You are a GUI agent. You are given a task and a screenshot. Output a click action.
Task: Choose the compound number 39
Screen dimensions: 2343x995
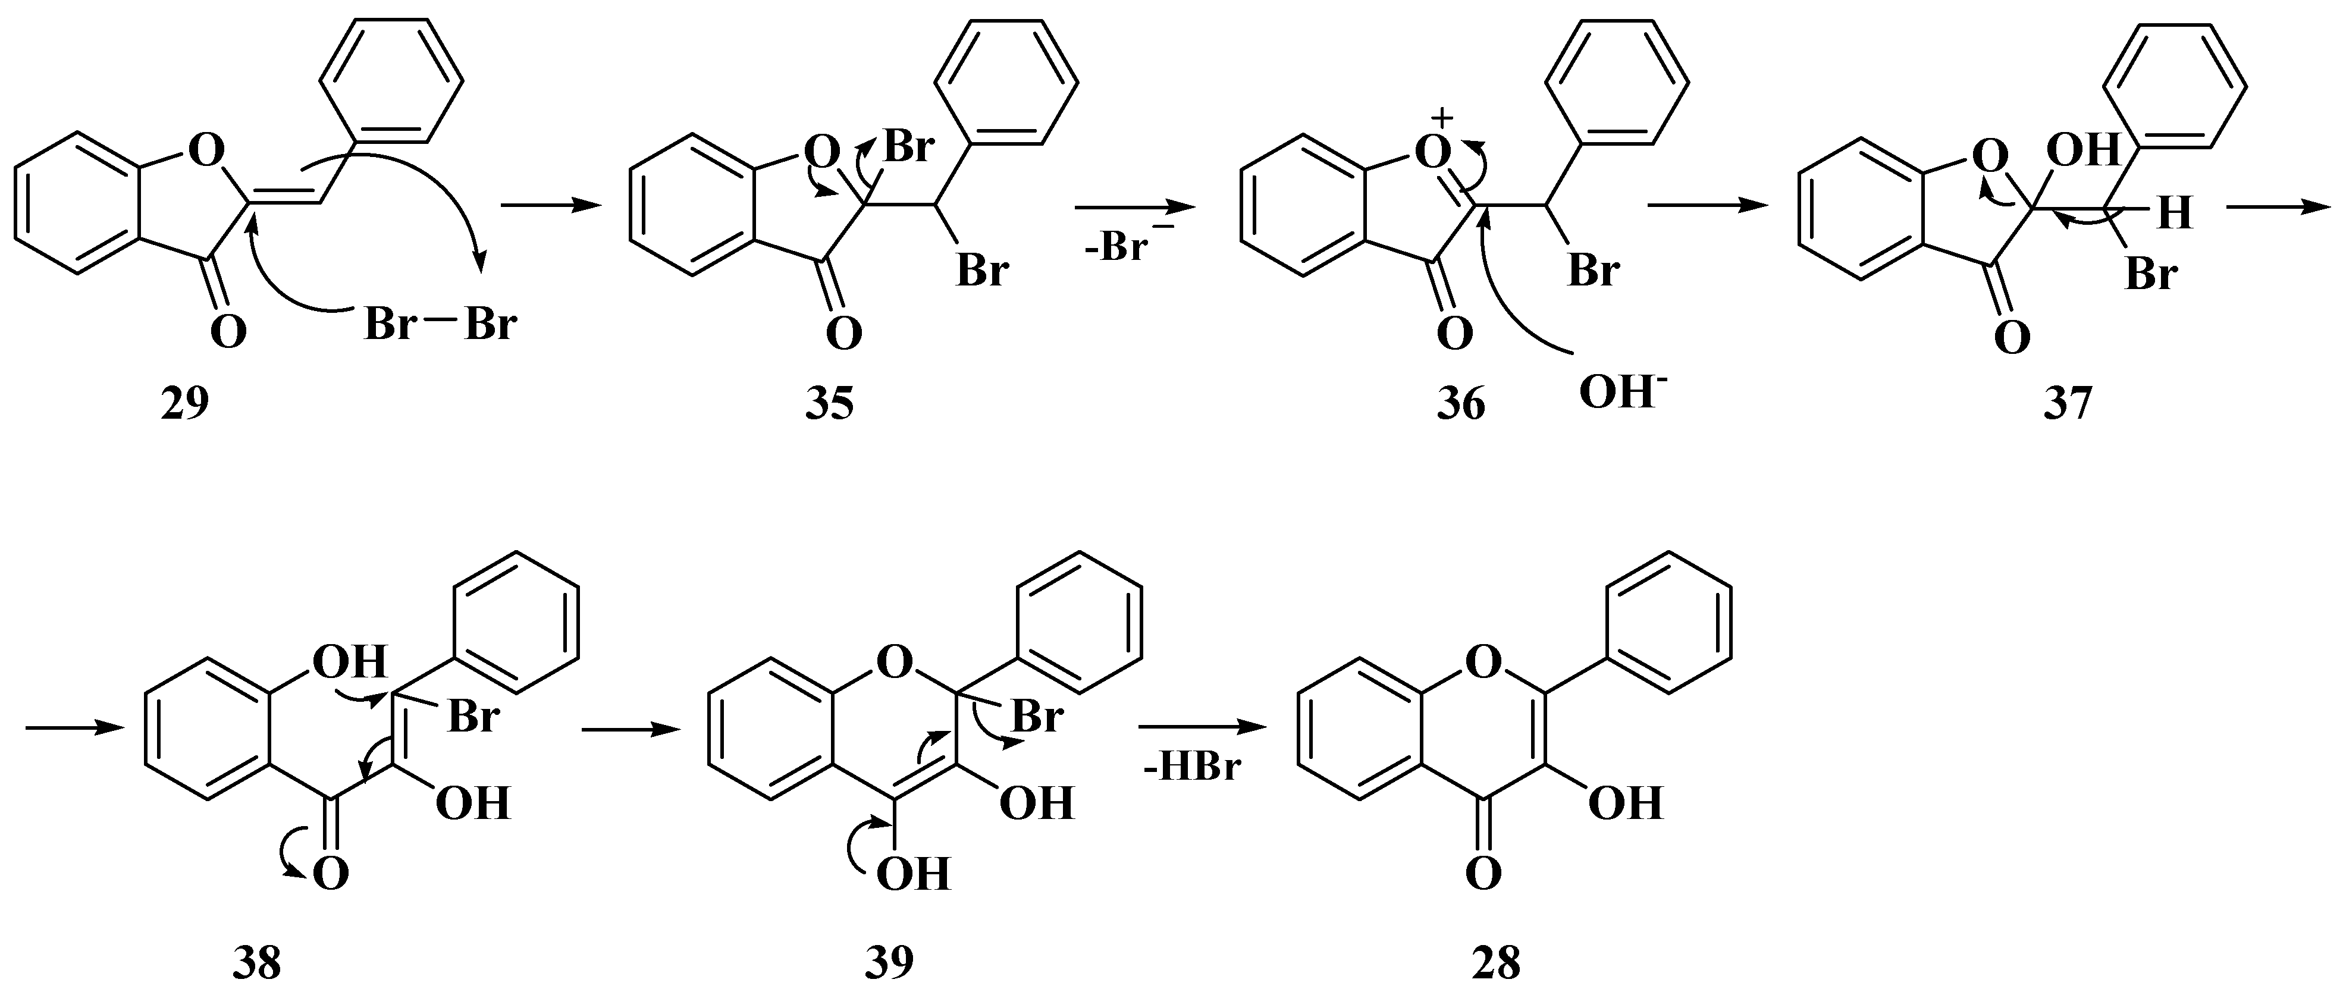point(889,962)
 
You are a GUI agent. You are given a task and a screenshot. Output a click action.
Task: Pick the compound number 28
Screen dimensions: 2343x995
point(1495,962)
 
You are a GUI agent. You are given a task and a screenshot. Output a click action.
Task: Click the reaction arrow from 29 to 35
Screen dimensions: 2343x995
point(551,206)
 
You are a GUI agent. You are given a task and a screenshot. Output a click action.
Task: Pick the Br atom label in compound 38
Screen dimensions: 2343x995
point(473,718)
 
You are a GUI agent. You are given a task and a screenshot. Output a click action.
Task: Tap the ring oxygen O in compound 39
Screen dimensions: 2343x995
point(894,663)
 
